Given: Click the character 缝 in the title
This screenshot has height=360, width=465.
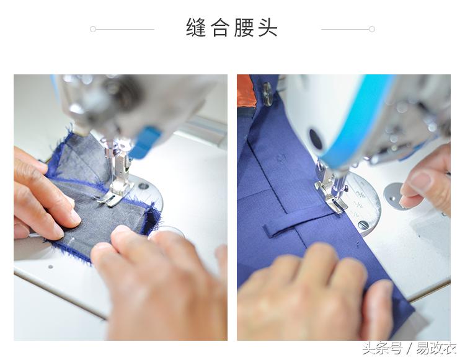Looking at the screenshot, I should tap(196, 28).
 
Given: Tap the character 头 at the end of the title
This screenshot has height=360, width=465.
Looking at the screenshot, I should tap(268, 28).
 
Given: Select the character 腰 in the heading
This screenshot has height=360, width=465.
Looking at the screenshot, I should tap(244, 28).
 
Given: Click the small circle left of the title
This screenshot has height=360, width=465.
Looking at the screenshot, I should tap(93, 29).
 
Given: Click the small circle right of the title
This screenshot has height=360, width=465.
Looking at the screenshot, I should tap(372, 29).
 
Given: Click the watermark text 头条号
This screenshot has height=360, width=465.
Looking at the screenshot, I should tap(382, 348).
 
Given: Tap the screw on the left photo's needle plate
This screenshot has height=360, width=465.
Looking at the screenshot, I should tap(144, 186).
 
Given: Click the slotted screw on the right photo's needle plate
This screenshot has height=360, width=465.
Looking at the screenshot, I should tap(363, 224).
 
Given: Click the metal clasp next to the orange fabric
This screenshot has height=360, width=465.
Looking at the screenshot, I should tap(267, 94).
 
